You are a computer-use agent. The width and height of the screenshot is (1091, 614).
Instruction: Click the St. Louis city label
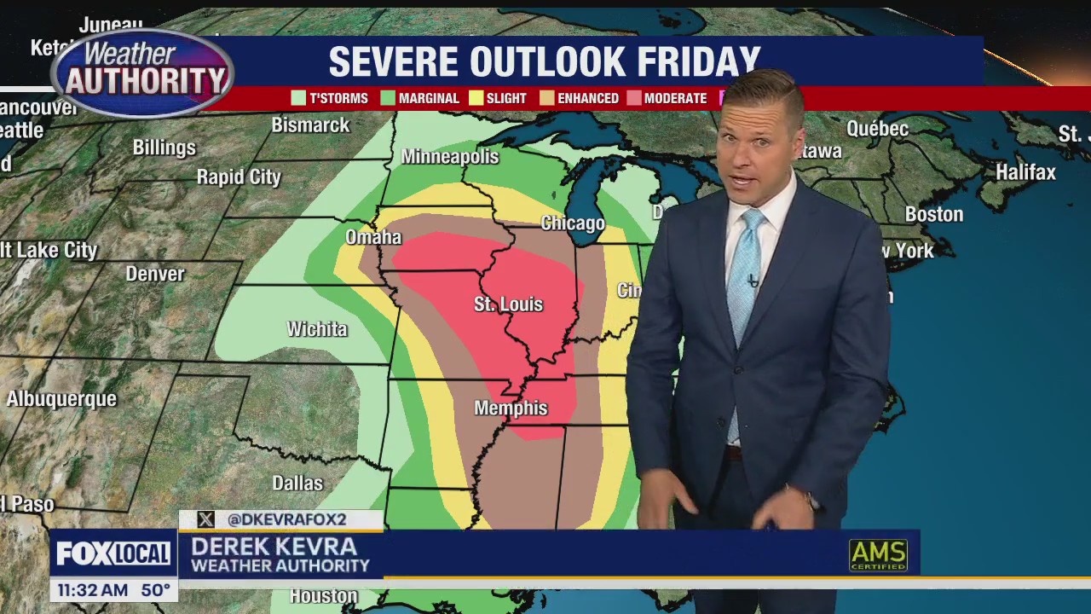point(508,304)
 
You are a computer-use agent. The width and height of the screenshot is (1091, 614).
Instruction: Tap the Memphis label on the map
point(511,408)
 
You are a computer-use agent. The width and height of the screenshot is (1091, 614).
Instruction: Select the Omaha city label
point(373,237)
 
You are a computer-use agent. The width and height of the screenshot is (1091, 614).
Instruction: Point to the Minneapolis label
point(449,157)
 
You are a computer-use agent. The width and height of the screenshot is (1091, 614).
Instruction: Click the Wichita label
point(317,329)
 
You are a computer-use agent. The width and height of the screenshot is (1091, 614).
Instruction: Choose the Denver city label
point(155,274)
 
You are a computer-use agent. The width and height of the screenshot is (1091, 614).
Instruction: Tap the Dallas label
point(297,484)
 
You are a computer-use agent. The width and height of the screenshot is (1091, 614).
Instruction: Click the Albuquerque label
point(61,399)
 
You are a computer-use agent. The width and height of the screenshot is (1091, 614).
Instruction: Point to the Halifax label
point(1025,172)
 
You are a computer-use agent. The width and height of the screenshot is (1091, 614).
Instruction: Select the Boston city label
point(933,215)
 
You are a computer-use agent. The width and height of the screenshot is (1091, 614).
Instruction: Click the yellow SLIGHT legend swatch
point(476,98)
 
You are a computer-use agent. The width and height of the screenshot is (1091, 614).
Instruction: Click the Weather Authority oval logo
point(142,72)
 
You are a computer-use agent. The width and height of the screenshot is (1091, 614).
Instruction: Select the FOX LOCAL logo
point(113,554)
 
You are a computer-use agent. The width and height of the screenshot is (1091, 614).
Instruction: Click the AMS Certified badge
point(878,556)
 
